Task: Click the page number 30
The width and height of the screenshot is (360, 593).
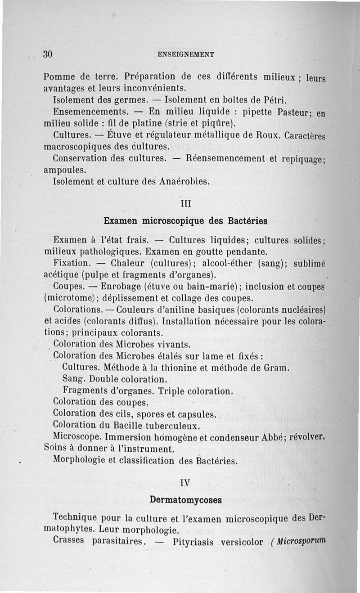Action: [x=48, y=54]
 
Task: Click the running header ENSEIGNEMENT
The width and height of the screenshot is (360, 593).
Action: [x=186, y=54]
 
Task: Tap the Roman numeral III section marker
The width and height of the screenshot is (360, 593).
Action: [x=186, y=203]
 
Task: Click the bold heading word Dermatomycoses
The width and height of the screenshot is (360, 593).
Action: [x=186, y=499]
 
